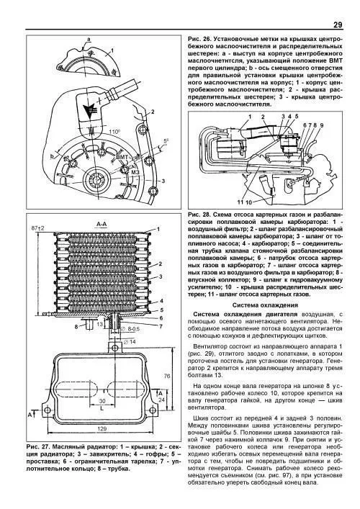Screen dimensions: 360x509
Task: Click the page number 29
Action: pos(338,24)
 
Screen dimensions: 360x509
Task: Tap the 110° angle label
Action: pos(114,132)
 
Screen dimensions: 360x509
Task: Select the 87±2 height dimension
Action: pos(38,228)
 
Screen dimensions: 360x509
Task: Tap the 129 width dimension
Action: pos(102,429)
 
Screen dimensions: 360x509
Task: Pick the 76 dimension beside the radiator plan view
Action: pos(167,377)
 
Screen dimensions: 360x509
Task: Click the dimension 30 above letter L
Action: pos(102,401)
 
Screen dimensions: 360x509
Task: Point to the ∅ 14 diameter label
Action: pos(129,342)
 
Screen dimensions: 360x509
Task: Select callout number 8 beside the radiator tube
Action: pos(76,327)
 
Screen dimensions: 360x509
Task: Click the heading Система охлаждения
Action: pos(265,305)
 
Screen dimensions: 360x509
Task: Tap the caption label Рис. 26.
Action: pos(197,39)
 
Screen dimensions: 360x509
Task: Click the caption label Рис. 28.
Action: pos(197,215)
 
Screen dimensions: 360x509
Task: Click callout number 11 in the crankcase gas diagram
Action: pos(240,202)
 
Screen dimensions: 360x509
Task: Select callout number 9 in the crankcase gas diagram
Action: pos(321,125)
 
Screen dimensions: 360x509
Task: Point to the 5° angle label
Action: pos(166,141)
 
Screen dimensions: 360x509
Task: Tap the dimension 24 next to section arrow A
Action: pos(161,400)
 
